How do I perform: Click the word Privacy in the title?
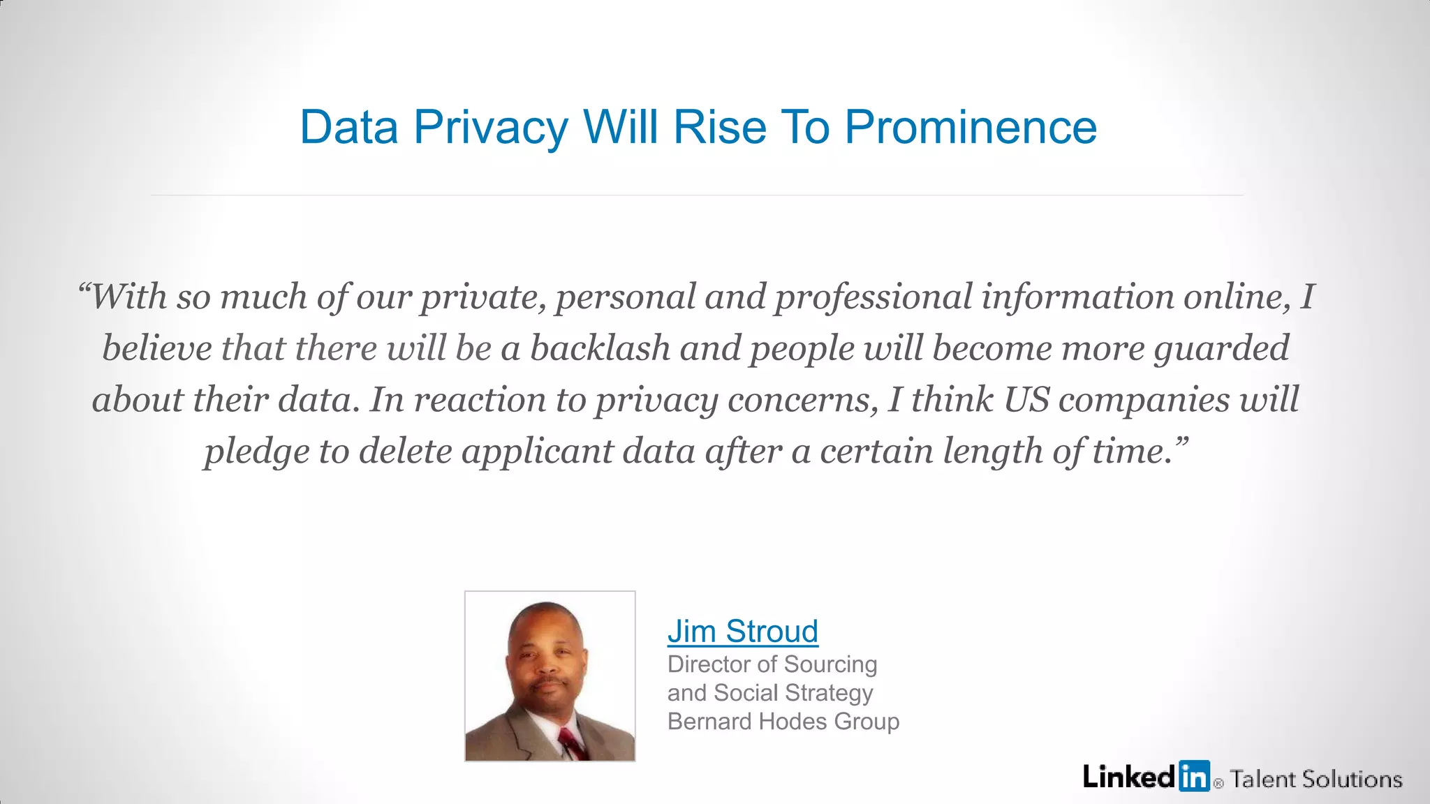click(491, 128)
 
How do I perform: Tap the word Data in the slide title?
click(348, 128)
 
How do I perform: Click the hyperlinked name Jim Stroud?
click(742, 631)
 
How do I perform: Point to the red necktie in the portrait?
click(573, 743)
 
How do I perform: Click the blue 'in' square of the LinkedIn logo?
click(1194, 776)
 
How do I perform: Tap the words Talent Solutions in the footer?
click(1316, 779)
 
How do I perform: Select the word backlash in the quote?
click(600, 348)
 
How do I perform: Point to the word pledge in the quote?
click(256, 452)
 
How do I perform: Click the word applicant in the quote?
click(537, 452)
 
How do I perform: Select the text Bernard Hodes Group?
click(783, 721)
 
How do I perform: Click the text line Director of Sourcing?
click(772, 664)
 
